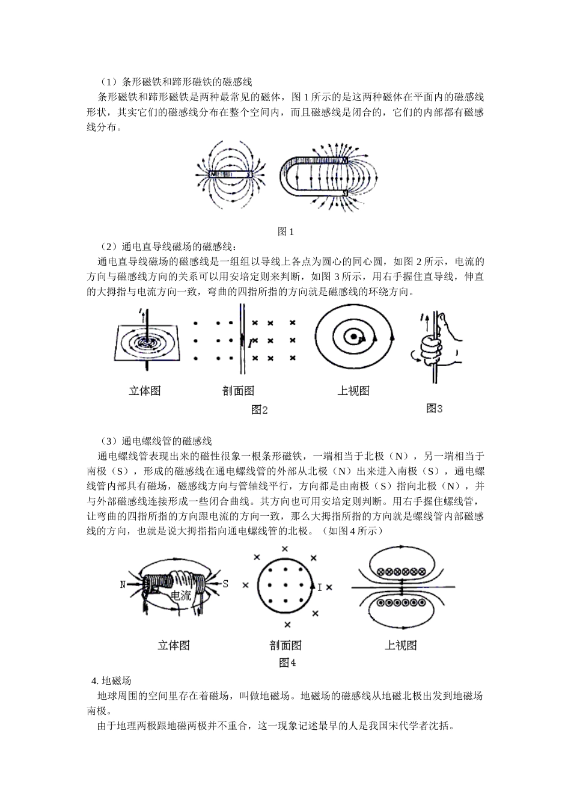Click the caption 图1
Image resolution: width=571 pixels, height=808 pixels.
(x=285, y=231)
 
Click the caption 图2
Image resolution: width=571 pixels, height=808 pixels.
(x=259, y=410)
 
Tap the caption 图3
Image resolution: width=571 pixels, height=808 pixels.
(x=434, y=408)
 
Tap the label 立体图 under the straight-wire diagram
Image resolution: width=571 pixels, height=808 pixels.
(x=145, y=390)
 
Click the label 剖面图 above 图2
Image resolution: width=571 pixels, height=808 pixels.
(x=239, y=390)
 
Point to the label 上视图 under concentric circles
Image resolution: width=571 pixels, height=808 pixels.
(x=353, y=390)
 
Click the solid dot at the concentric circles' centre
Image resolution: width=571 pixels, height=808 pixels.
(x=355, y=337)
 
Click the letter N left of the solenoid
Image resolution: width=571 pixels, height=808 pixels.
(x=123, y=584)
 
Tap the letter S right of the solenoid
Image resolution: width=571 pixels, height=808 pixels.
(x=225, y=584)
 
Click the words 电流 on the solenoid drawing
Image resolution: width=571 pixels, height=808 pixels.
(x=181, y=596)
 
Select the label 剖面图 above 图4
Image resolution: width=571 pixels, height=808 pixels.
(x=285, y=645)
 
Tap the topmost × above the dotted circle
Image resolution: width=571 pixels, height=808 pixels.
(x=285, y=548)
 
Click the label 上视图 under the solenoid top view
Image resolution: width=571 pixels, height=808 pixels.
(x=401, y=645)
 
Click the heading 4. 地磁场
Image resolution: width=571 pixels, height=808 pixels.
(x=111, y=681)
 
